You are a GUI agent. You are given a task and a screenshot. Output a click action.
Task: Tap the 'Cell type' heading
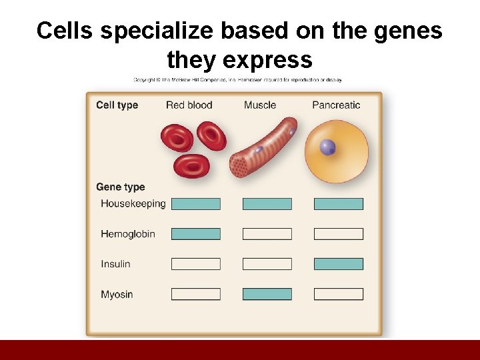tap(117, 105)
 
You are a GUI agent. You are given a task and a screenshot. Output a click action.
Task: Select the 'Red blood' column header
tap(189, 105)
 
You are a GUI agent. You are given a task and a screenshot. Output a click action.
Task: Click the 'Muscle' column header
tap(260, 105)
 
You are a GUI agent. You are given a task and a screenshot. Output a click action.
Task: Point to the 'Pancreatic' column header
tap(336, 105)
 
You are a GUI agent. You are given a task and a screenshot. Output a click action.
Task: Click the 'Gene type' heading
tap(120, 187)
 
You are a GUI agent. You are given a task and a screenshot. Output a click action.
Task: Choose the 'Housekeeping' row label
tap(133, 203)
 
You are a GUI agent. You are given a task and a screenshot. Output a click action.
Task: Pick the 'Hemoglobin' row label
tap(127, 234)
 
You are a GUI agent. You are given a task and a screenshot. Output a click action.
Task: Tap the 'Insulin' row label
tap(115, 264)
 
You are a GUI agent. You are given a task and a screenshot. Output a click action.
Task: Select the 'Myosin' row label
tap(117, 294)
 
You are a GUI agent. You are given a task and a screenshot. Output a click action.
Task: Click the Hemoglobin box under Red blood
tap(195, 234)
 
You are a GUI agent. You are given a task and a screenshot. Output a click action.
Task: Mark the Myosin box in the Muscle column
tap(267, 294)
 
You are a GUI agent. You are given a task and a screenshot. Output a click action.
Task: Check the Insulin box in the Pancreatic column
tap(339, 264)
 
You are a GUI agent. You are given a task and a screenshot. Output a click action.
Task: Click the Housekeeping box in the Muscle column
tap(267, 204)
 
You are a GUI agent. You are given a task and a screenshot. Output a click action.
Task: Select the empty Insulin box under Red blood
tap(195, 264)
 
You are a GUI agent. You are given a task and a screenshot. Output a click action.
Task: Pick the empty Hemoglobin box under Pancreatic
tap(339, 234)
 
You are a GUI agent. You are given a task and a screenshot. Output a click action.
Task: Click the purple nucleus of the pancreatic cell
tap(327, 147)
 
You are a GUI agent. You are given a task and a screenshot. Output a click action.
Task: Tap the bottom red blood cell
tap(191, 165)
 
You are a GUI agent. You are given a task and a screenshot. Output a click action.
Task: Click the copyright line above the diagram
tap(237, 79)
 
